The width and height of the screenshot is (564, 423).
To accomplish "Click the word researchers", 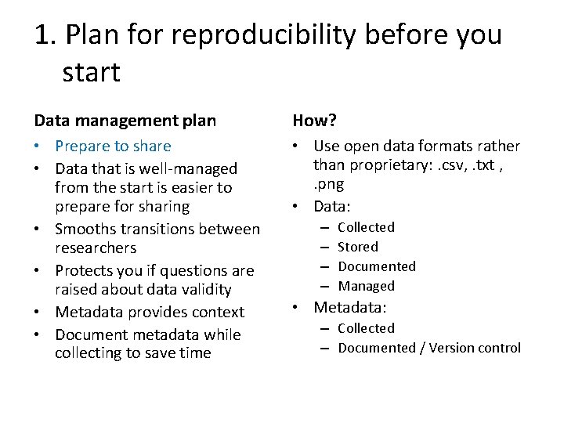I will pyautogui.click(x=96, y=248).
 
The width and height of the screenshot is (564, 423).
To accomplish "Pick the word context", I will pyautogui.click(x=218, y=312).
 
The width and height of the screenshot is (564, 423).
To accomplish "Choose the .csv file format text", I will pyautogui.click(x=452, y=165).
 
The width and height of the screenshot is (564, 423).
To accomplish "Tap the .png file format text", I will pyautogui.click(x=329, y=185).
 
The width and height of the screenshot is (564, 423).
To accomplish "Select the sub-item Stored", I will pyautogui.click(x=358, y=247).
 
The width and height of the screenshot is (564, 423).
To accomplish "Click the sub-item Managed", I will pyautogui.click(x=366, y=286).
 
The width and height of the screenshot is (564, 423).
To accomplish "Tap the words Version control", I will pyautogui.click(x=475, y=348).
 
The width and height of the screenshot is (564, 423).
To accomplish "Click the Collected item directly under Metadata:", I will pyautogui.click(x=366, y=328).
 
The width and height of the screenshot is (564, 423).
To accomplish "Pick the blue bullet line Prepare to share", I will pyautogui.click(x=113, y=146).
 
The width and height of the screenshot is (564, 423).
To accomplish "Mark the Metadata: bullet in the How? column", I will pyautogui.click(x=350, y=308).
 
